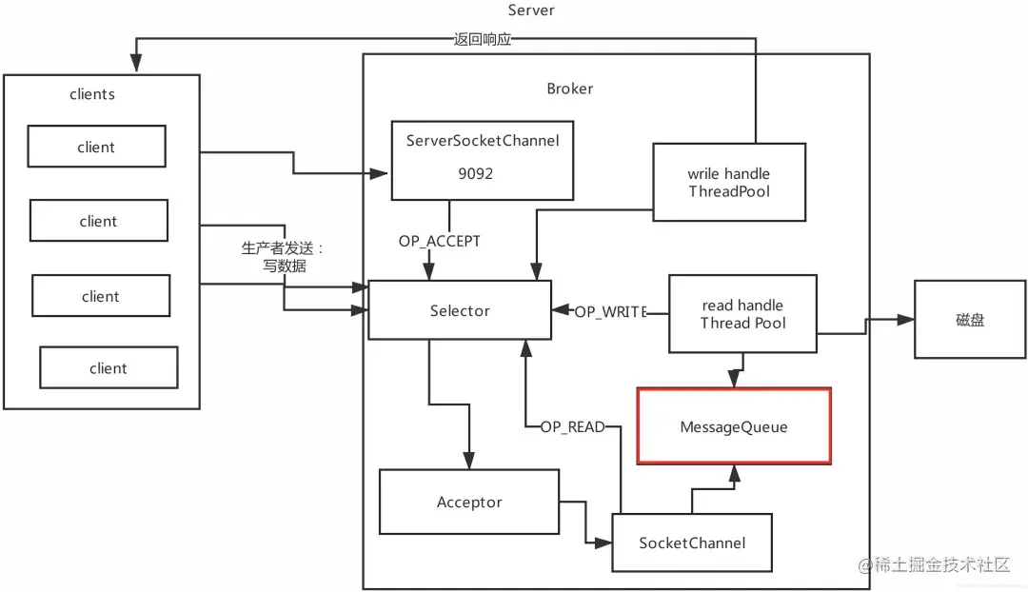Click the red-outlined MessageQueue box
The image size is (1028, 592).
(733, 426)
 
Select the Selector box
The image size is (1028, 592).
(460, 310)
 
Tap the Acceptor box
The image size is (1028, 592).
(469, 502)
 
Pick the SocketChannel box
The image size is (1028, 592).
(692, 543)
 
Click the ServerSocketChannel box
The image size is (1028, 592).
(483, 159)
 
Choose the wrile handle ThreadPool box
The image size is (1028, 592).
(729, 182)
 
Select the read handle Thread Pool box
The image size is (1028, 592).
(742, 313)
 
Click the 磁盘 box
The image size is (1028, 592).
(971, 320)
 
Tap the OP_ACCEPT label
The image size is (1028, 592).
(439, 242)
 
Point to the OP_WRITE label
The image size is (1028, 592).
(610, 311)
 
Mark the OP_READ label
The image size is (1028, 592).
(572, 427)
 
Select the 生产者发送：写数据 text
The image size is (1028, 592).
(283, 257)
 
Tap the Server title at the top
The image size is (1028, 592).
(531, 10)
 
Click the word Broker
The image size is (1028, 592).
(569, 89)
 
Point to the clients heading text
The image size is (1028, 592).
(92, 94)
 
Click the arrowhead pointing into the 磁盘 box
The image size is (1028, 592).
(907, 320)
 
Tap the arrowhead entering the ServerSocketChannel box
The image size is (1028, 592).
(384, 174)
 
